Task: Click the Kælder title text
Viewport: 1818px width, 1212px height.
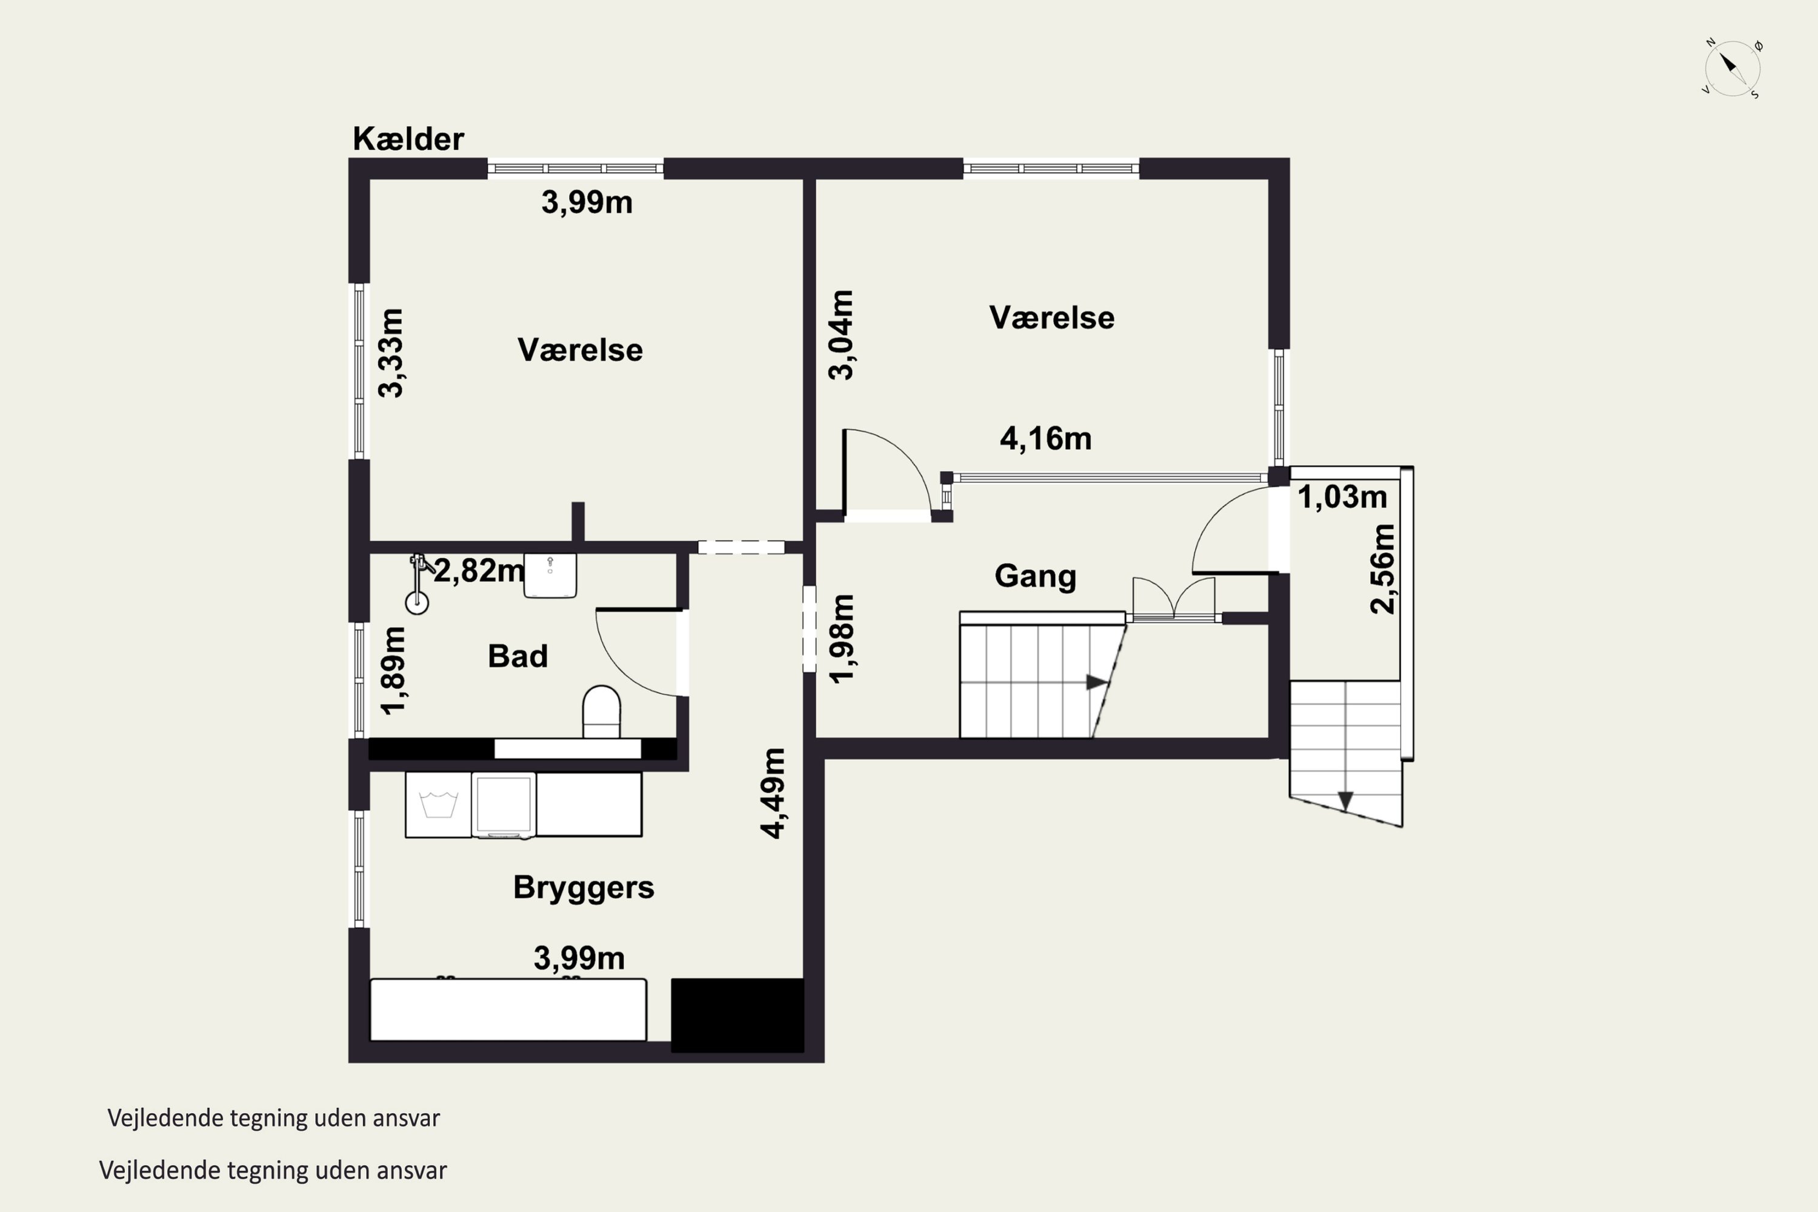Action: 408,139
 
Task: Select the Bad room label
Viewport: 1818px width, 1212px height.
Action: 518,656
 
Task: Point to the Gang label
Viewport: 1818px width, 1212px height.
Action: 1035,577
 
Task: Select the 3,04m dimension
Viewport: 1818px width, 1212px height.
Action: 841,335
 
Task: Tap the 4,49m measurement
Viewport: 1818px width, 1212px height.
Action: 773,793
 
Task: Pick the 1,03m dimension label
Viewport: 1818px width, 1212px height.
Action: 1342,497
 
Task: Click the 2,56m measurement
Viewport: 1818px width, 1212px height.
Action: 1382,569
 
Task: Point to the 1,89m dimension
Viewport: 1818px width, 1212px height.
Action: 393,670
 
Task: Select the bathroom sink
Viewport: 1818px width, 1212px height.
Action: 550,575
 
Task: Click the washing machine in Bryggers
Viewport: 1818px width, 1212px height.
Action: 438,804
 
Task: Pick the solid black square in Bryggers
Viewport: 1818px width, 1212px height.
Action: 738,1015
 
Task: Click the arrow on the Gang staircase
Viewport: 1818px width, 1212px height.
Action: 1097,682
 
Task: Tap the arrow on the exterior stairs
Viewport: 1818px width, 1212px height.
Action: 1345,802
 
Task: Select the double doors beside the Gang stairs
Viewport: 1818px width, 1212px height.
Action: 1173,599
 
